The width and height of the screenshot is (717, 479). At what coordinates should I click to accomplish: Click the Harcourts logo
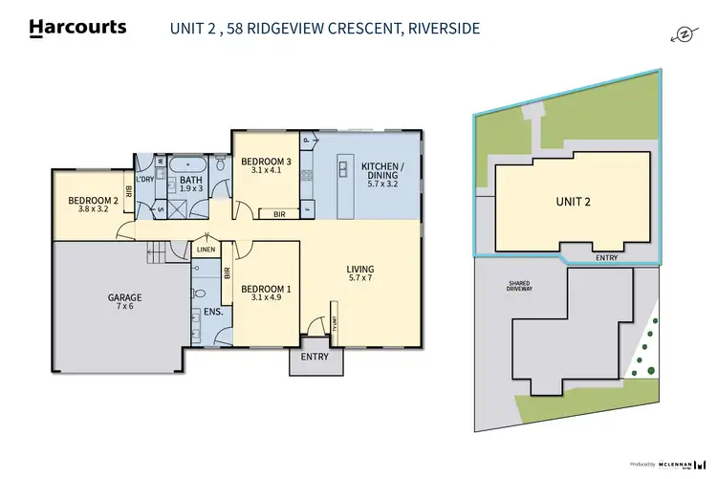[x=78, y=28]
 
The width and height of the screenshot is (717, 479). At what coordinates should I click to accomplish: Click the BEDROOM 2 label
[x=92, y=206]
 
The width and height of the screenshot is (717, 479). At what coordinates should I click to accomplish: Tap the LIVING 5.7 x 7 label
[x=359, y=274]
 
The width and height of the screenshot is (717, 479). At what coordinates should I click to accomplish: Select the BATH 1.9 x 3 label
[x=191, y=183]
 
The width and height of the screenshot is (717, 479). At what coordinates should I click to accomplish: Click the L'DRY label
[x=145, y=180]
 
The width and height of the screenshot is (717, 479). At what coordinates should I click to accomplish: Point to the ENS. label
[x=213, y=312]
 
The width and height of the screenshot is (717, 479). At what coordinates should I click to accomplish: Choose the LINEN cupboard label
[x=206, y=250]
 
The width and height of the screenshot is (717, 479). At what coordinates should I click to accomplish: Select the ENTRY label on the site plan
[x=605, y=257]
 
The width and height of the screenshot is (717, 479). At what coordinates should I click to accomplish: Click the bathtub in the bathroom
[x=187, y=164]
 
